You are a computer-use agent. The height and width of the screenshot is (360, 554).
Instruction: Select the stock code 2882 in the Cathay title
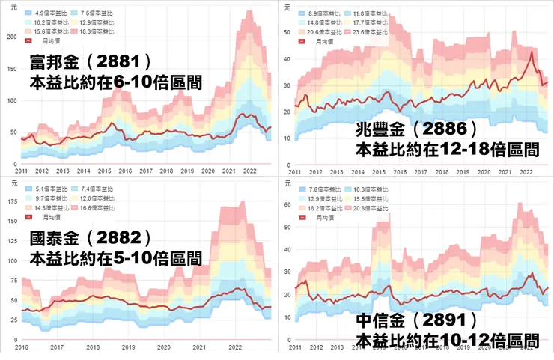[x=124, y=240]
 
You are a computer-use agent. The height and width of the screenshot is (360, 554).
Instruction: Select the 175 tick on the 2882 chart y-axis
[x=10, y=201]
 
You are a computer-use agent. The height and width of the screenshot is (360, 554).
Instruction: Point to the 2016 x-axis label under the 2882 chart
[x=22, y=348]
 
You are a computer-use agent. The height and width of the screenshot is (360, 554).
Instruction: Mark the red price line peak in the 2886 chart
[x=532, y=52]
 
